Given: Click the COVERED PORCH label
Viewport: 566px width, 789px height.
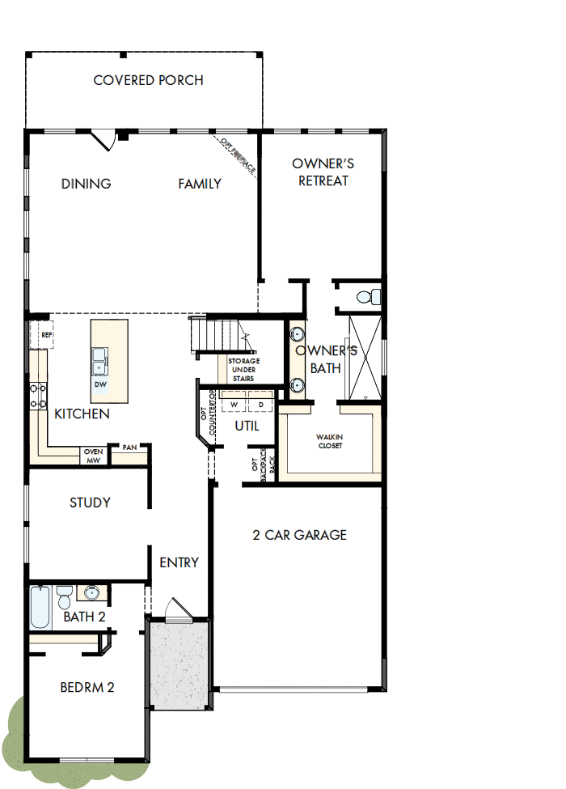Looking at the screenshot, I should (x=148, y=80).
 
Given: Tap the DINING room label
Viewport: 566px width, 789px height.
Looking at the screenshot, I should (x=87, y=184).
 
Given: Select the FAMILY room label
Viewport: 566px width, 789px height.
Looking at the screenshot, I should (x=200, y=184).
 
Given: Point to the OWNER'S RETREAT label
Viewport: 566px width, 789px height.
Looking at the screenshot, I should (x=323, y=172).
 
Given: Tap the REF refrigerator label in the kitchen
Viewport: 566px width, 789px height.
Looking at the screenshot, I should (x=46, y=334).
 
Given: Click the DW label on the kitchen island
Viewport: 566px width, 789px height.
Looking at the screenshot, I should (x=99, y=384).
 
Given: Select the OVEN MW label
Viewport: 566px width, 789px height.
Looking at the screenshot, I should (x=93, y=456).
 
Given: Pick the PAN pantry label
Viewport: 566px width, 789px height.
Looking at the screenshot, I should (x=129, y=447).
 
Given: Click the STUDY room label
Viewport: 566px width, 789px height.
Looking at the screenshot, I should (x=90, y=503).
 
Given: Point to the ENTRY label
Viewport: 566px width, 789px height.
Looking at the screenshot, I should (x=180, y=562).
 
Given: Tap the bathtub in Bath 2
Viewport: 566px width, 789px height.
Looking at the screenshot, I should (x=40, y=607).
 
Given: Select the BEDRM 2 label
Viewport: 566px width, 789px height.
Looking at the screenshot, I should (x=87, y=687).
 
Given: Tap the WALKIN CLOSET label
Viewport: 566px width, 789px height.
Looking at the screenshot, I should (x=329, y=441).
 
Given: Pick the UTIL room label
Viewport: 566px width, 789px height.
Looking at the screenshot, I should (x=247, y=425).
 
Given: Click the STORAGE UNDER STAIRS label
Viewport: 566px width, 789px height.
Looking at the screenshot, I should (x=243, y=369).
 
